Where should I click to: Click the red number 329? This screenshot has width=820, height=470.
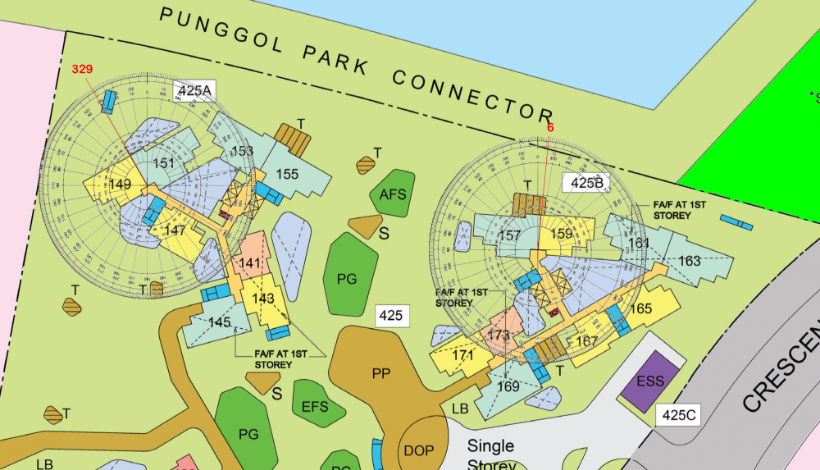pyautogui.click(x=82, y=69)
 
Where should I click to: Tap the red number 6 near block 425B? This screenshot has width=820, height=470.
pyautogui.click(x=550, y=127)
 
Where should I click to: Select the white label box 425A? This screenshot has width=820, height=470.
pyautogui.click(x=194, y=90)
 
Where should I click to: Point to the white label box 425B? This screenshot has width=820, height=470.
pyautogui.click(x=586, y=183)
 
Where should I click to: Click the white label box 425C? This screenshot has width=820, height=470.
pyautogui.click(x=679, y=415)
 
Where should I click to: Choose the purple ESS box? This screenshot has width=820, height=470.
pyautogui.click(x=651, y=381)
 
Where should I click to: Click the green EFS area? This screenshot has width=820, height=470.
pyautogui.click(x=314, y=406)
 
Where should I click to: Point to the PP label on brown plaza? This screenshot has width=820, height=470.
pyautogui.click(x=380, y=373)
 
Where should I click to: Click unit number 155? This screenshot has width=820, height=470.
pyautogui.click(x=287, y=174)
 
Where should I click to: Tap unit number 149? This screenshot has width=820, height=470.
pyautogui.click(x=120, y=185)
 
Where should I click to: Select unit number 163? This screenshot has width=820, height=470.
pyautogui.click(x=690, y=261)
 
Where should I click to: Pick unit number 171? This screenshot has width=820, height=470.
pyautogui.click(x=462, y=355)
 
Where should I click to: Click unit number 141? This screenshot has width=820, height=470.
pyautogui.click(x=249, y=263)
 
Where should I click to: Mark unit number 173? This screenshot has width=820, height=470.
pyautogui.click(x=498, y=335)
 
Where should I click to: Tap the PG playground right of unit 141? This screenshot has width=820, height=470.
pyautogui.click(x=348, y=279)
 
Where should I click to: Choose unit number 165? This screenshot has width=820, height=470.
pyautogui.click(x=642, y=308)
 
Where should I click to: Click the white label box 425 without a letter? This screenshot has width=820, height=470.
pyautogui.click(x=391, y=316)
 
